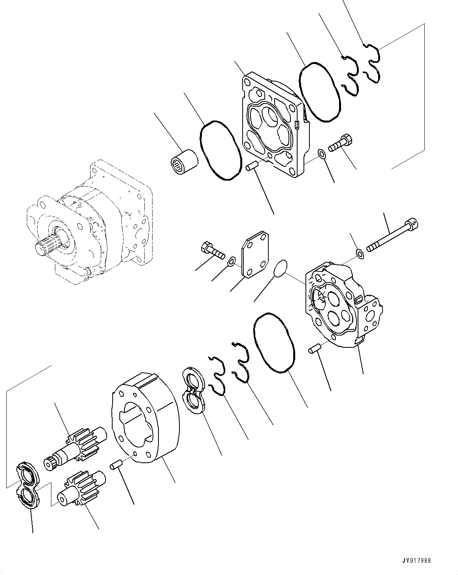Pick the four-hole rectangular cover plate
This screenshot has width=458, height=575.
click(x=255, y=255)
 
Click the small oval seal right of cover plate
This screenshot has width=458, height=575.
click(x=280, y=268)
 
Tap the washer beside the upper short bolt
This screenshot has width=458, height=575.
click(x=322, y=153)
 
